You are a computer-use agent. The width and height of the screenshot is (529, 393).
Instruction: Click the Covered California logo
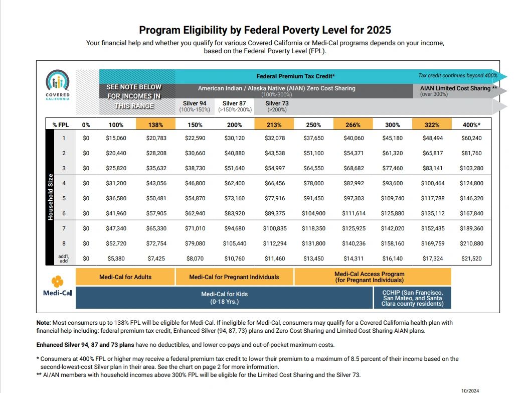point(58,85)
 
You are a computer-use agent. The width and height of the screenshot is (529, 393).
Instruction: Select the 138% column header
point(155,124)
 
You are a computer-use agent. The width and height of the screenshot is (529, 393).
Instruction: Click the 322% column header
point(432,124)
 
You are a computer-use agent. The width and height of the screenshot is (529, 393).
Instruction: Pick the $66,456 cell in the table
point(275,183)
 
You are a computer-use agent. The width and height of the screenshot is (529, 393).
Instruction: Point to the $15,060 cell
point(116,138)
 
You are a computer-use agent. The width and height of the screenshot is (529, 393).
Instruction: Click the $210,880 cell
point(471,243)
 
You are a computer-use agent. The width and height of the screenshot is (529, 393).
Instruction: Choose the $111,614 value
point(354,213)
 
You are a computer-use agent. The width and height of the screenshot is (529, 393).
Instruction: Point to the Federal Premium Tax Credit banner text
point(295,76)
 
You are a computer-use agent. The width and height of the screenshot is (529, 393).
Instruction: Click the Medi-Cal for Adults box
point(125,277)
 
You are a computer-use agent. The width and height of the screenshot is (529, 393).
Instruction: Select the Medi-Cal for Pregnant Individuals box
point(234,277)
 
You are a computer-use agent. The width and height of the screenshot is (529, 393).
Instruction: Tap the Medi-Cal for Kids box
point(224,298)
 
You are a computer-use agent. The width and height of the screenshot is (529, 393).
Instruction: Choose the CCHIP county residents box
point(412,298)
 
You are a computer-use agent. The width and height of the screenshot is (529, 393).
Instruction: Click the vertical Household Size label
point(50,197)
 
